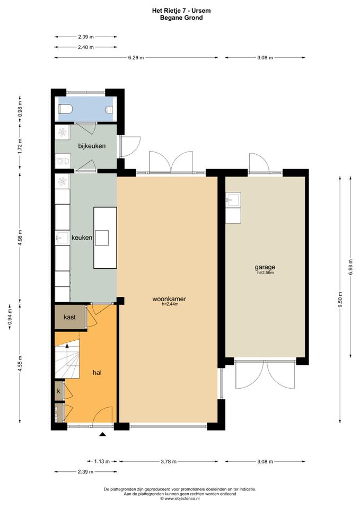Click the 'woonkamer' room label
169,299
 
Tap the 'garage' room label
265,267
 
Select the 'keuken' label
82,238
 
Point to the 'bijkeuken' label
92,146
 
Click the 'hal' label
97,372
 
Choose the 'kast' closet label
70,317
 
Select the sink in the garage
233,199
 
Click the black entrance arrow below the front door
103,434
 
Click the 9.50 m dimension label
340,301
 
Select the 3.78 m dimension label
169,461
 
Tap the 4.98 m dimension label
21,238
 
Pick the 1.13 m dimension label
102,461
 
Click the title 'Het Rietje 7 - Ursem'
181,11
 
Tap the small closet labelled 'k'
59,391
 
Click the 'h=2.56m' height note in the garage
266,273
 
